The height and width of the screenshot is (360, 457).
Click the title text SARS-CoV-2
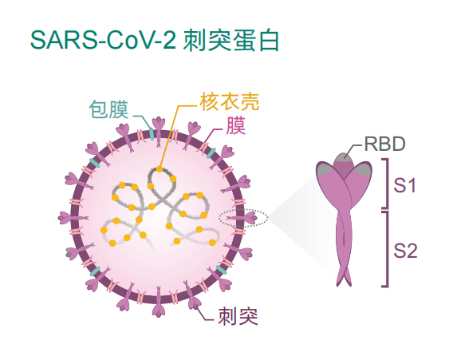pos(103,40)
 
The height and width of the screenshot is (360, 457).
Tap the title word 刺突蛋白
pos(231,40)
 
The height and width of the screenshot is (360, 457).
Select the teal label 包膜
pos(109,109)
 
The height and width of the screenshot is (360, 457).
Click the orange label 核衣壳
pos(230,102)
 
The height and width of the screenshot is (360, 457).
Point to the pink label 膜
pos(236,125)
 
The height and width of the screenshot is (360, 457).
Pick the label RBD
pos(384,144)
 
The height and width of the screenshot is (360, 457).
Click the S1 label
pos(404,185)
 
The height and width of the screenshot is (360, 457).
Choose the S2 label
pos(405,251)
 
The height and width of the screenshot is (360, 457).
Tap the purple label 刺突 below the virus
pos(238,316)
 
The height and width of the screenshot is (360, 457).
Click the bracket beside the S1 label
pos(387,184)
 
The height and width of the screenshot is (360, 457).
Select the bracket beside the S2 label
pos(387,249)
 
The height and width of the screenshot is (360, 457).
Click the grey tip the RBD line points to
pos(345,156)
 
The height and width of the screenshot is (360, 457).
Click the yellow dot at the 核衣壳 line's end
pos(160,169)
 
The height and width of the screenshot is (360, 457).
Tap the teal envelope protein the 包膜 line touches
pos(152,133)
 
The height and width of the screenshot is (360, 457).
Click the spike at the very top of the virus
pos(159,130)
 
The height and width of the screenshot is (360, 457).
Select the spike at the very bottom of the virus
pos(159,302)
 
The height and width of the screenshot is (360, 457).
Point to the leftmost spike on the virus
pos(72,218)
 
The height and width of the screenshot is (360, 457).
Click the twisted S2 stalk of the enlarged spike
pos(345,247)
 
